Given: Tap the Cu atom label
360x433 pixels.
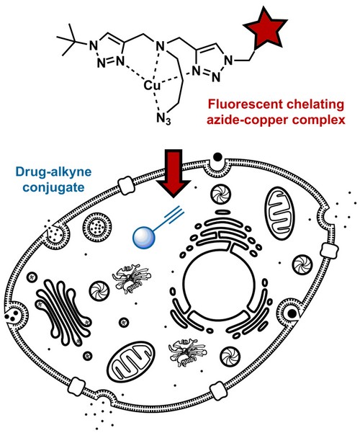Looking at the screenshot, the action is [152, 86].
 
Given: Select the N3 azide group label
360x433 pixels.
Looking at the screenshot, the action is [163, 119].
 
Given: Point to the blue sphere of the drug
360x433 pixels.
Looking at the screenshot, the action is [144, 237].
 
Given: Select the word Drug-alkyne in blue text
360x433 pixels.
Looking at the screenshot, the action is [53, 171].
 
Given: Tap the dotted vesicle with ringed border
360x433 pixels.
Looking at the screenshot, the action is [97, 227].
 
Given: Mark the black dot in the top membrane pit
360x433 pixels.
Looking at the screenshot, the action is [218, 157].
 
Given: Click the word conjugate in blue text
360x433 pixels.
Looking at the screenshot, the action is [53, 187].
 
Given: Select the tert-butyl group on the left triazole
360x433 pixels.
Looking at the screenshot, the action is [70, 40].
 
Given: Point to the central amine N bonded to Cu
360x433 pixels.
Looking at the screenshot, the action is [160, 46].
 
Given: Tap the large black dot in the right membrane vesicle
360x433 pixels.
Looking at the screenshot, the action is [292, 313].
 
